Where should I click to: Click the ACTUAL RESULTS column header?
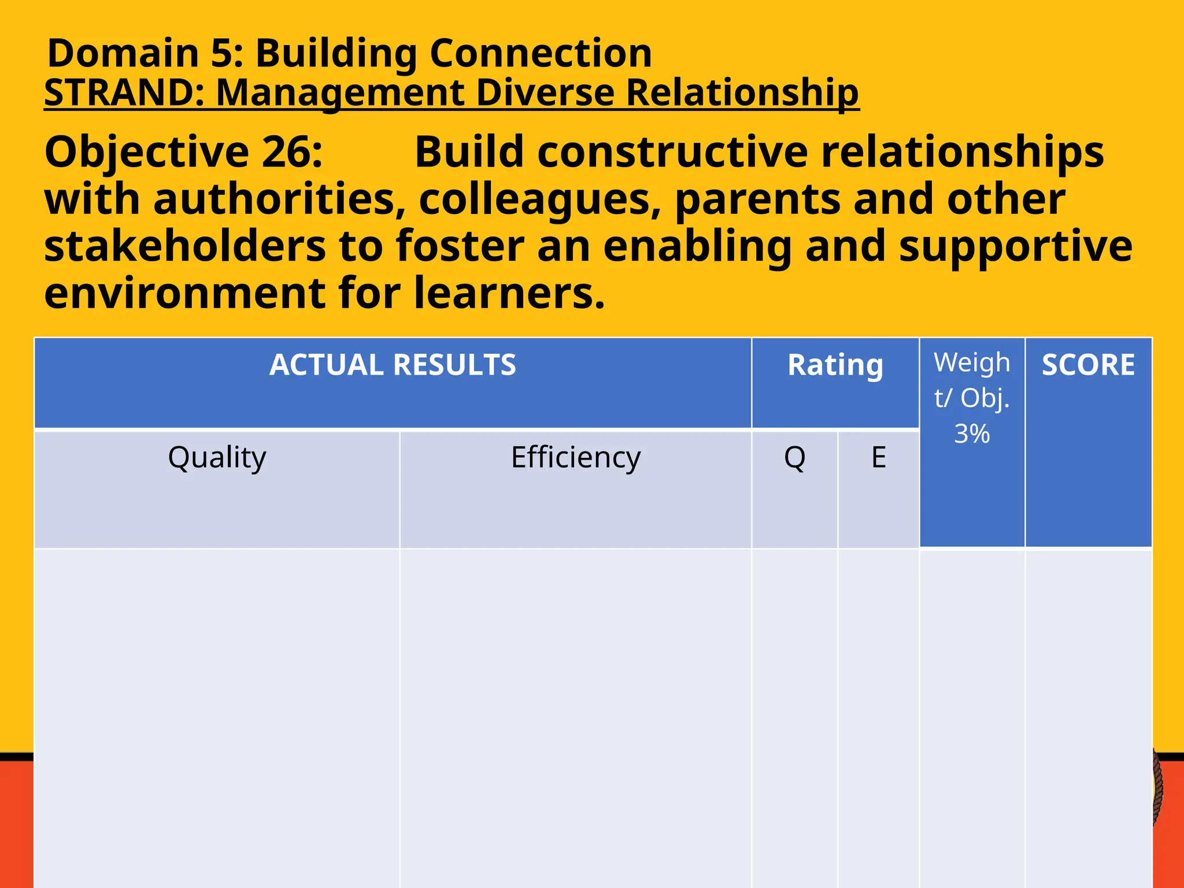[x=393, y=365]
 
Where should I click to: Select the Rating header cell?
[x=835, y=365]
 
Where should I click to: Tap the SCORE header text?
[x=1088, y=365]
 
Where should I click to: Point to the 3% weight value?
[x=972, y=434]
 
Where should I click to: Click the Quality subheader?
[x=217, y=457]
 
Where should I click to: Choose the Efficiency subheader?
[x=576, y=457]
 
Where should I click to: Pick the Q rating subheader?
[x=794, y=457]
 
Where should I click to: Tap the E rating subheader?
[x=878, y=457]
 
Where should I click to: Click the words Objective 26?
[x=183, y=152]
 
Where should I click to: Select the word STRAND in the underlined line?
[x=119, y=92]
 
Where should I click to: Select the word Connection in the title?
[x=541, y=53]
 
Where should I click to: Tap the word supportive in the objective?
[x=1015, y=246]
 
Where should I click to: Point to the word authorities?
[x=280, y=199]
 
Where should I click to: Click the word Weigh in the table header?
[x=972, y=363]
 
